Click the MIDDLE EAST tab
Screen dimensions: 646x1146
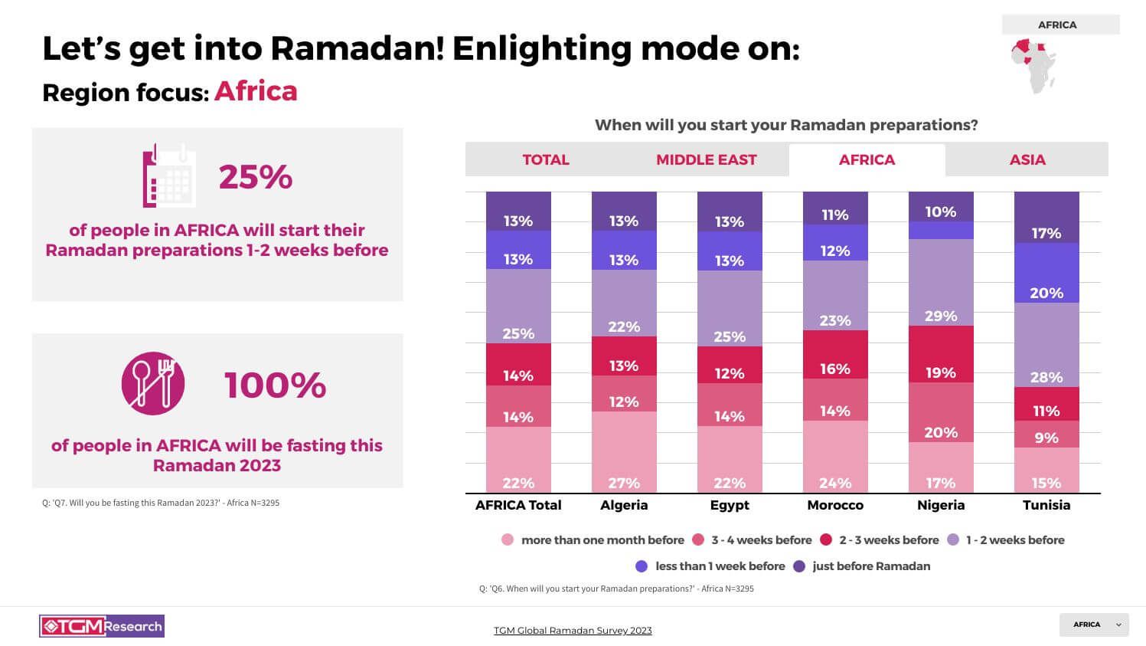tap(706, 160)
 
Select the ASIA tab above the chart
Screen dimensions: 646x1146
tap(1027, 160)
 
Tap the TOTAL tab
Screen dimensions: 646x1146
tap(546, 160)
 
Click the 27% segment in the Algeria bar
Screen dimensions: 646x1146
tap(624, 452)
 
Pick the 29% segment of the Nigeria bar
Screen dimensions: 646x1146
tap(941, 283)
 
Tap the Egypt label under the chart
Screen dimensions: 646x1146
tap(730, 505)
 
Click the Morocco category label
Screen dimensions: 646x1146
tap(835, 505)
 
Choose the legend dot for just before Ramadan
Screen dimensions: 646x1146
tap(799, 566)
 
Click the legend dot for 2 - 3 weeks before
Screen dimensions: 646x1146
tap(826, 540)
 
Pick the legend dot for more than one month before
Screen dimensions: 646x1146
tap(508, 540)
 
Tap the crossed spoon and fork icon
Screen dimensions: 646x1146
tap(153, 383)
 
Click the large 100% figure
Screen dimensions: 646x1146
tap(276, 385)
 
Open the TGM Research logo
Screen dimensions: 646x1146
tap(102, 626)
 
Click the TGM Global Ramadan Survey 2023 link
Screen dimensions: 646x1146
tap(573, 631)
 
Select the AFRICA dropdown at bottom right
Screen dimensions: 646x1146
tap(1094, 625)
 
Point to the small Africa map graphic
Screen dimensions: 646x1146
tap(1034, 66)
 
